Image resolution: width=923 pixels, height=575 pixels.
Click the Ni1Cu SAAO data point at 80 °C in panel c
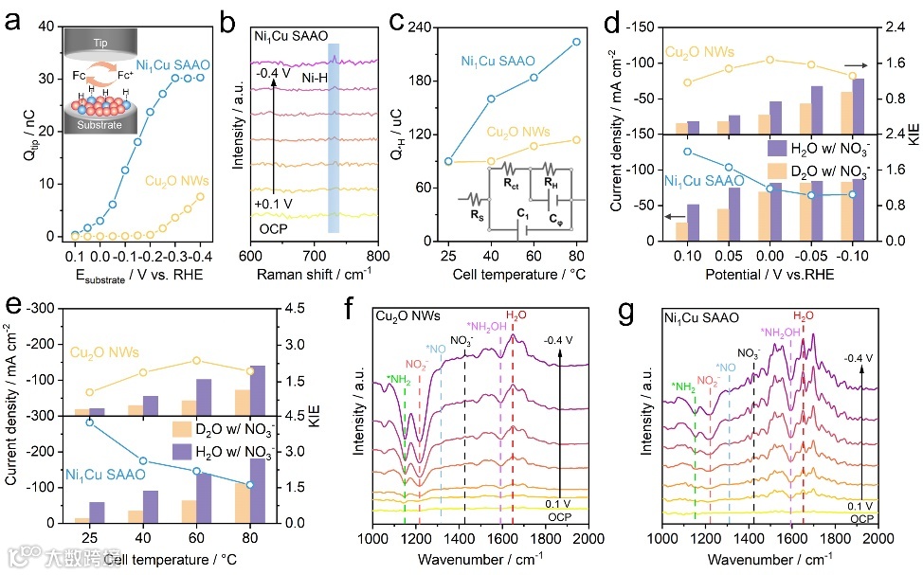coord(576,42)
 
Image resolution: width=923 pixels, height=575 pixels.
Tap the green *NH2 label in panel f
coord(397,381)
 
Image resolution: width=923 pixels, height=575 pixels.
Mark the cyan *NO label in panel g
coord(725,367)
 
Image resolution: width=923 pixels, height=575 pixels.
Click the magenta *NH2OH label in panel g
coord(782,332)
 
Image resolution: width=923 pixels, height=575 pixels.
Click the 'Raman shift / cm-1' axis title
coord(314,275)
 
